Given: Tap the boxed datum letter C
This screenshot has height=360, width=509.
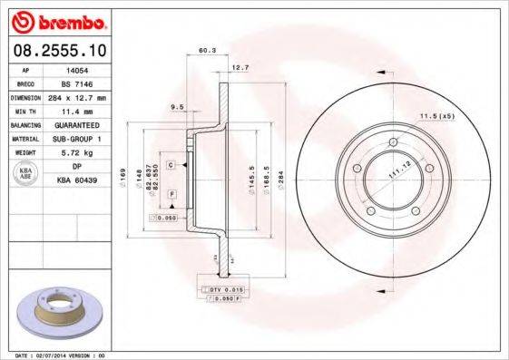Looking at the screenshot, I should [171, 164].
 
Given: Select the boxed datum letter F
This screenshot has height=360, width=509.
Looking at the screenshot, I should [171, 196].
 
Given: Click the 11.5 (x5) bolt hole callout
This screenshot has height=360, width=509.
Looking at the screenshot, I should [436, 115].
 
